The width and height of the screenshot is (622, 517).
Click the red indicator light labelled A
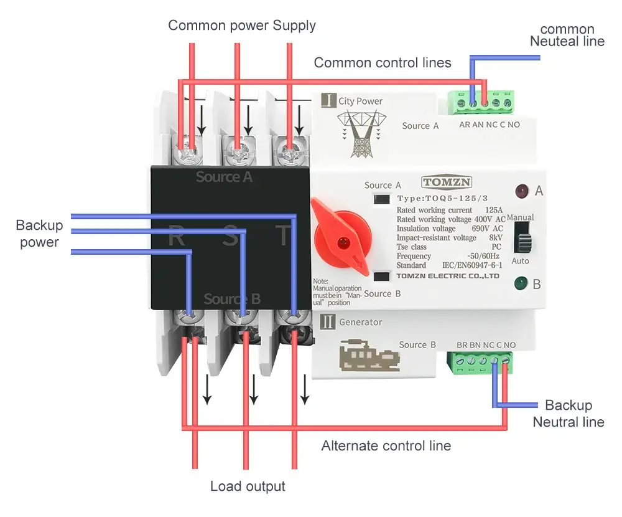click(522, 191)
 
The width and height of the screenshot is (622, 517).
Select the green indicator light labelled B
click(521, 285)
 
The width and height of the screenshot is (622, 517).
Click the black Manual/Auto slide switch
click(521, 238)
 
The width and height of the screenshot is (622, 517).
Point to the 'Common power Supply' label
click(242, 26)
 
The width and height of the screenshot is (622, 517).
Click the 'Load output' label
click(248, 486)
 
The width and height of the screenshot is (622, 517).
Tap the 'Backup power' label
click(39, 234)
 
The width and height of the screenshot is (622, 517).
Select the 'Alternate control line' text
click(386, 446)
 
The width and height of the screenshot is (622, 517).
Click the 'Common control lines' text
click(383, 62)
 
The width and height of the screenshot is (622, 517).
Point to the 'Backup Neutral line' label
click(568, 414)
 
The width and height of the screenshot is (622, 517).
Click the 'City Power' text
click(361, 101)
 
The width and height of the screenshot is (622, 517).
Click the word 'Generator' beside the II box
click(361, 322)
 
